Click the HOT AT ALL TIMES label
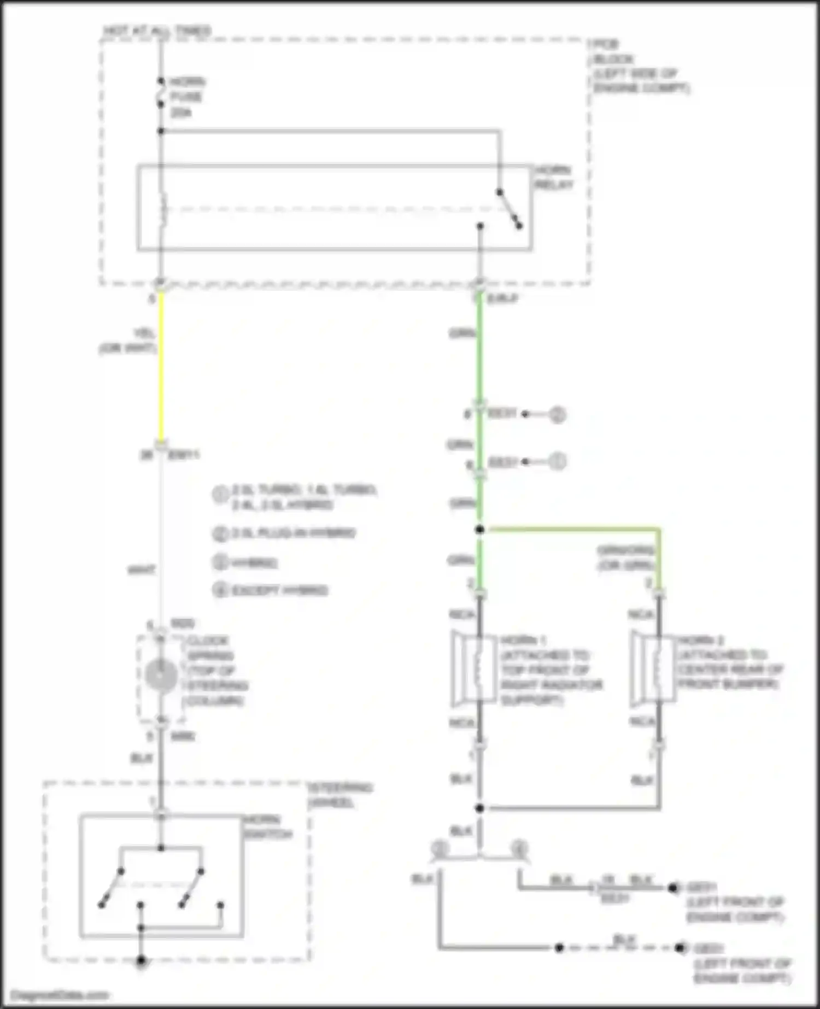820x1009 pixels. point(157,31)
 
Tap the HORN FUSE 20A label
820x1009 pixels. point(186,97)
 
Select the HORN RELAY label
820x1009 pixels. point(553,177)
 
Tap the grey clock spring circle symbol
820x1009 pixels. point(161,676)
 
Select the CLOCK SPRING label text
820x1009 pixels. point(216,670)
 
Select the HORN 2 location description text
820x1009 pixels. point(730,662)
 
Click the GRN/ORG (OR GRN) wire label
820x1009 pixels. point(625,558)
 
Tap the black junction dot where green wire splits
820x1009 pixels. point(480,529)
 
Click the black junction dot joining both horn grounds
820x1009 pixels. point(480,808)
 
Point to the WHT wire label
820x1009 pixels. point(141,570)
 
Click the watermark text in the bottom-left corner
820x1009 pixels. point(59,995)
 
